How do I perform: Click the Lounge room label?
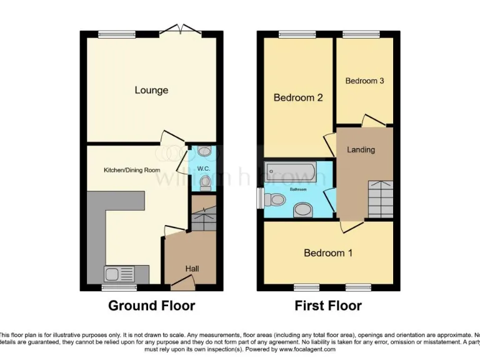tap(151, 90)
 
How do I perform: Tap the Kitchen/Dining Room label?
tap(132, 170)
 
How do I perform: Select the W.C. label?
tap(204, 169)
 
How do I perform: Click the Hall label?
tap(192, 269)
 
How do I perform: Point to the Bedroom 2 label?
tap(298, 97)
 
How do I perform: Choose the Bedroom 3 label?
tap(364, 81)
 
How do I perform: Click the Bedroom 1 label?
tap(328, 253)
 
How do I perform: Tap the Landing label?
tap(361, 150)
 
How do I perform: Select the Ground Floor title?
tap(151, 306)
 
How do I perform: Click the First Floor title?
tap(328, 306)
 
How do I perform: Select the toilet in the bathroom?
tap(274, 199)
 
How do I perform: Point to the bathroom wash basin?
tap(303, 210)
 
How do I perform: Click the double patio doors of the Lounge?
tap(181, 30)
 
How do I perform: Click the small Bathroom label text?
tap(297, 189)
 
